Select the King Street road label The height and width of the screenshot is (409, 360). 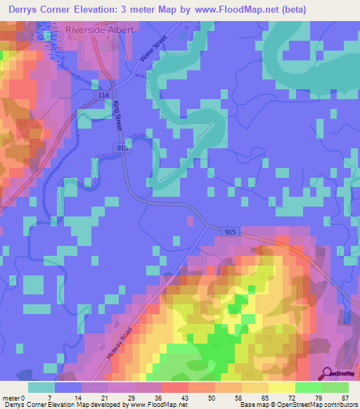click(118, 115)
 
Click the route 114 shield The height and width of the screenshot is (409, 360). click(104, 95)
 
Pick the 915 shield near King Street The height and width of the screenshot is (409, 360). click(123, 148)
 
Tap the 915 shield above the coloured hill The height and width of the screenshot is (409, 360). click(231, 232)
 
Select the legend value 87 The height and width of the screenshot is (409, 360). click(345, 398)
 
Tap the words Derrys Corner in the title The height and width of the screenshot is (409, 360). click(40, 10)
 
